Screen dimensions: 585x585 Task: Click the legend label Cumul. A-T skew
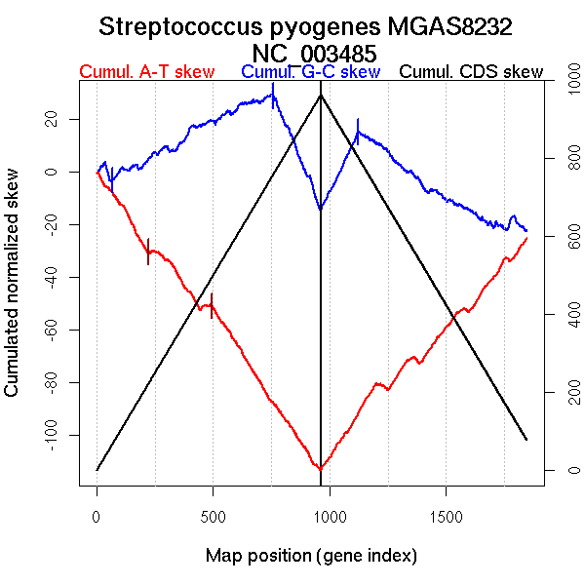[x=146, y=72]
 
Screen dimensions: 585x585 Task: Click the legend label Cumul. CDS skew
[x=471, y=72]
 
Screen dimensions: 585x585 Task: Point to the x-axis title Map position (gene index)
[x=311, y=556]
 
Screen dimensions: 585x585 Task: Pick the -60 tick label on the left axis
[x=61, y=329]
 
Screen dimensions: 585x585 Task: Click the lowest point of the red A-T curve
[x=320, y=469]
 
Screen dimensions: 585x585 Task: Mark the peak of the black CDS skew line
[x=321, y=95]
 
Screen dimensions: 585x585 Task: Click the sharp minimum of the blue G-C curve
[x=320, y=209]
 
